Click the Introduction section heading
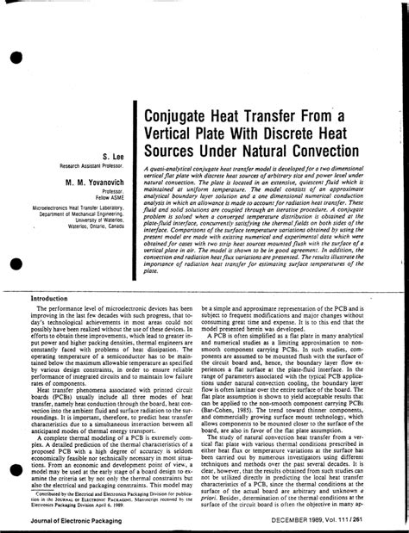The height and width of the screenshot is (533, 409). click(x=56, y=251)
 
